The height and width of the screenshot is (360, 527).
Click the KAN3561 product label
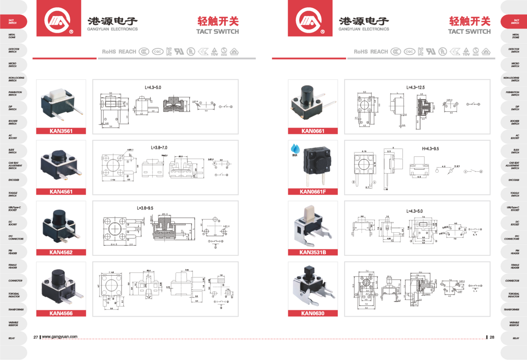61,131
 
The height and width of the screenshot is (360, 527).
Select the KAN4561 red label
61,191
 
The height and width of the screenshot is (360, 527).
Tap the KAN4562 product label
61,252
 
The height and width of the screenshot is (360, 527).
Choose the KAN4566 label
61,313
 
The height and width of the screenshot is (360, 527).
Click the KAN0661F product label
313,191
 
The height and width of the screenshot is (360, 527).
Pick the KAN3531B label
313,252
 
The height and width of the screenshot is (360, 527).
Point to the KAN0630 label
313,313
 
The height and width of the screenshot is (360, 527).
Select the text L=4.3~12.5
415,87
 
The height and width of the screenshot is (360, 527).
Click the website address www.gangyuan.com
60,337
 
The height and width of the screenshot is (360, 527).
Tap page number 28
492,337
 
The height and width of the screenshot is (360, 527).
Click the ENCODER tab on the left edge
13,180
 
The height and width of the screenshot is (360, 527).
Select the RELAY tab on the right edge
515,338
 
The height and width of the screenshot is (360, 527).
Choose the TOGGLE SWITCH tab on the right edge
515,194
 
